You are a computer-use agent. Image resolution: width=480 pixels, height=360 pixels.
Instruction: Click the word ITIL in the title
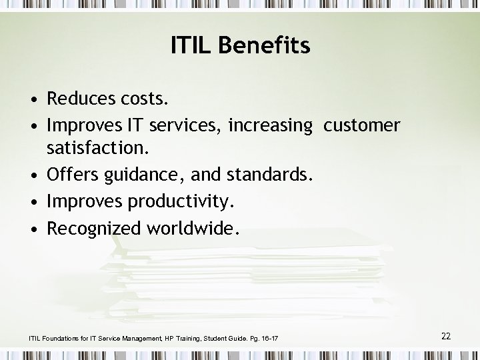point(191,46)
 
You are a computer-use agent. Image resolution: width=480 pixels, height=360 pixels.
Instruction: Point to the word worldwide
point(194,229)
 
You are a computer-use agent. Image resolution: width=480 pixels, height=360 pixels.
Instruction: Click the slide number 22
point(446,336)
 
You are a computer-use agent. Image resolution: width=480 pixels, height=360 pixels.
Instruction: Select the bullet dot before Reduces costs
point(33,101)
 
